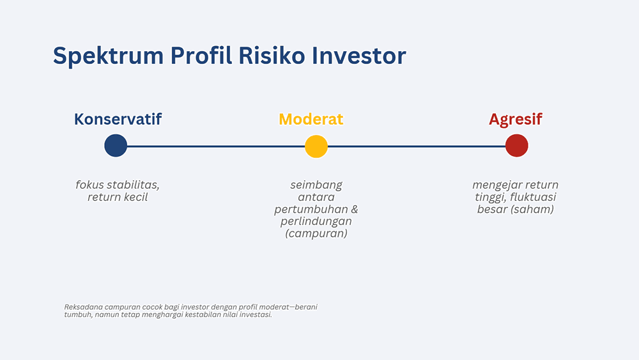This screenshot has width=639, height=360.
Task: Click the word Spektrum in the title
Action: click(x=108, y=56)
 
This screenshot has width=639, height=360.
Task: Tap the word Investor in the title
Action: click(x=359, y=56)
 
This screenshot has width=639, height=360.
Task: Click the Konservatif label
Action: click(x=118, y=119)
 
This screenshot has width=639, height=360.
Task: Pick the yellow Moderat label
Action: click(x=311, y=119)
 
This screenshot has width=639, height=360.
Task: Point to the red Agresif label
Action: click(x=516, y=120)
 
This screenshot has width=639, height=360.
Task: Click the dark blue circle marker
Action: click(x=116, y=146)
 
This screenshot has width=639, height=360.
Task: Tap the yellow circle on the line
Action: click(x=316, y=146)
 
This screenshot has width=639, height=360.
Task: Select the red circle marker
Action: click(x=517, y=146)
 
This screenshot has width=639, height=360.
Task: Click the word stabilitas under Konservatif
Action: click(x=132, y=185)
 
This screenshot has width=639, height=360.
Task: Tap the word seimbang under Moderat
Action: click(x=316, y=185)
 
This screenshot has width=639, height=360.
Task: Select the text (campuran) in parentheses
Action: click(x=316, y=233)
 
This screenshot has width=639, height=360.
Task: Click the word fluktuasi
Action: click(x=533, y=197)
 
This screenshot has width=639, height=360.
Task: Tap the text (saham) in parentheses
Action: click(x=533, y=209)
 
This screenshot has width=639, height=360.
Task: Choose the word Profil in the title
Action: click(x=201, y=56)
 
